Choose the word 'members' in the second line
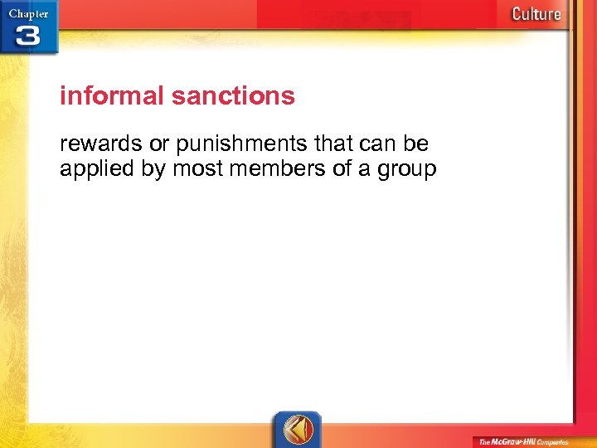[270, 170]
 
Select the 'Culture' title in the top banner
[536, 13]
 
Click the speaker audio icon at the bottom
[297, 428]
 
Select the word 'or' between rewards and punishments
[159, 144]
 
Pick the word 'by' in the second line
[155, 171]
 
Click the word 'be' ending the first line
[416, 144]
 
